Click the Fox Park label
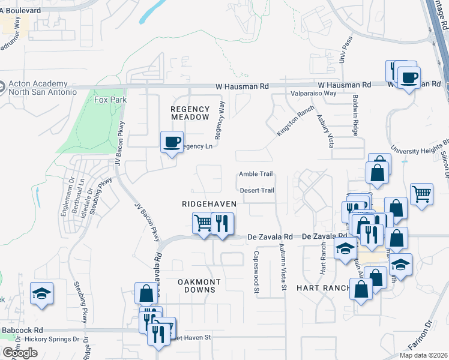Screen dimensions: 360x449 coord(107,100)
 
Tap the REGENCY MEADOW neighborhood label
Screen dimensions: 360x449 coord(190,113)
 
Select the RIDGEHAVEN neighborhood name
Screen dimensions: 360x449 coord(209,204)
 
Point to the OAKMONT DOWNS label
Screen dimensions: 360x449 coord(199,286)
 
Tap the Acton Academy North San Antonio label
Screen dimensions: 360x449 coord(42,88)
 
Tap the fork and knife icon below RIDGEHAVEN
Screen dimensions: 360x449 coord(222,224)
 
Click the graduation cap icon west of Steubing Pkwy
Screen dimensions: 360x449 coord(41,294)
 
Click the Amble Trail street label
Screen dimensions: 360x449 coord(256,174)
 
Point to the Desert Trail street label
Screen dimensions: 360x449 coord(257,191)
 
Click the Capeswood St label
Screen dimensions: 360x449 coord(256,264)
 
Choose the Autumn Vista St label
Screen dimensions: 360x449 coord(282,264)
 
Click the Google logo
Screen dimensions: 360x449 coord(20,353)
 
